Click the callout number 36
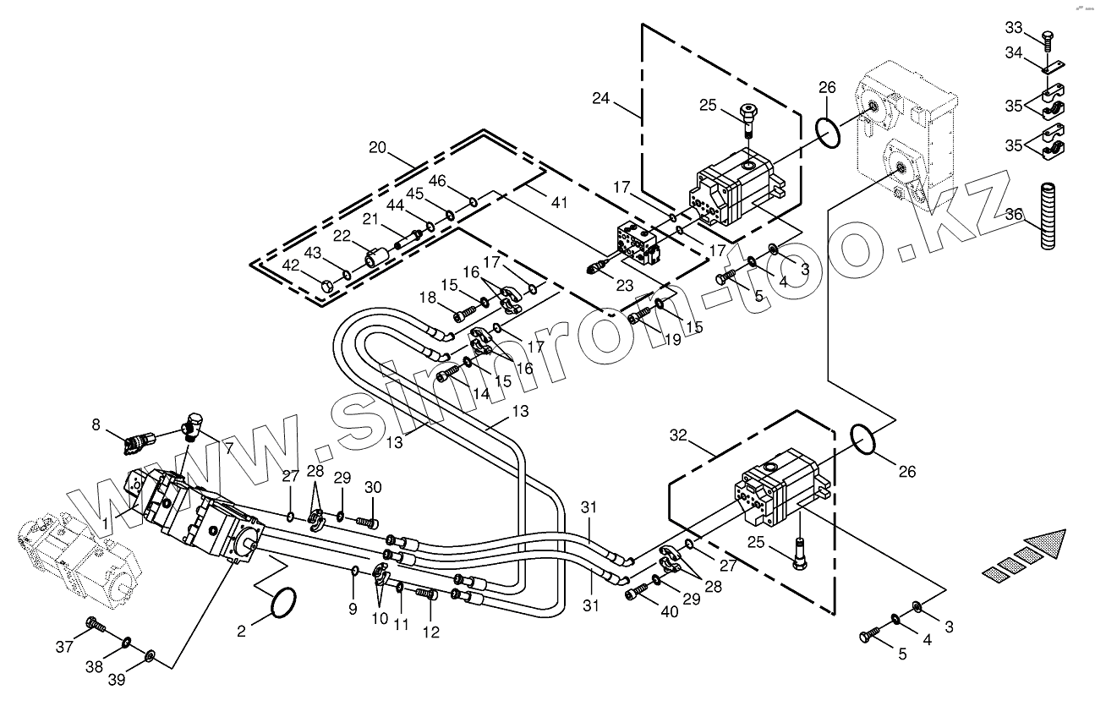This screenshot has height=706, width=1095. (x=1015, y=215)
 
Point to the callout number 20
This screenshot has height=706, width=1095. (x=377, y=148)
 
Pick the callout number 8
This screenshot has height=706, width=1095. (x=96, y=424)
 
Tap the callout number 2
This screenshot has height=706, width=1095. (x=242, y=630)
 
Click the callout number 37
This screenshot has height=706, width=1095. (x=65, y=648)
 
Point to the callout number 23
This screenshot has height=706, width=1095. (x=624, y=286)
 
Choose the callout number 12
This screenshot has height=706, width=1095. (x=431, y=632)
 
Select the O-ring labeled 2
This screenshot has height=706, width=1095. (x=283, y=603)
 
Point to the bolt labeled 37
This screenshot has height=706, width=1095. (x=95, y=627)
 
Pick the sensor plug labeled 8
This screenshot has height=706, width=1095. (x=138, y=440)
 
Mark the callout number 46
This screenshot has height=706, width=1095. (x=437, y=181)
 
